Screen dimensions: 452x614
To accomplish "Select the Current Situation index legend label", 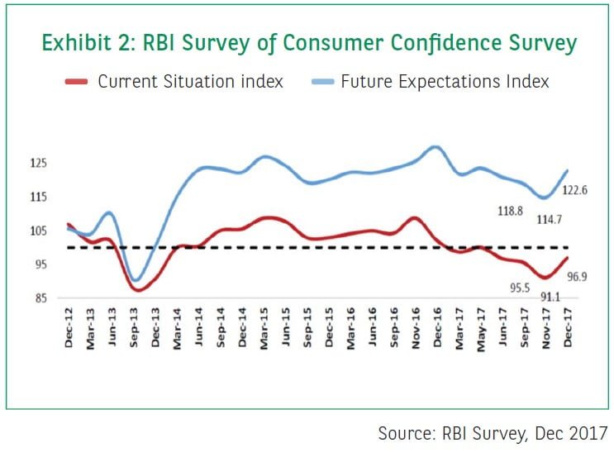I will tap(190, 81).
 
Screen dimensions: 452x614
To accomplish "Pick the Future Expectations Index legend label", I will tap(445, 81).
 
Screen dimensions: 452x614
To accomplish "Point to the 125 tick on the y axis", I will tap(39, 164).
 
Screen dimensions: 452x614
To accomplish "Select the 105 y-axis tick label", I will tap(39, 231).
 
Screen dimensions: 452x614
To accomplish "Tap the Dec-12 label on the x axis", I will tap(69, 329).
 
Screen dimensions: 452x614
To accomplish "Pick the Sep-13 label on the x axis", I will tap(134, 329).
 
